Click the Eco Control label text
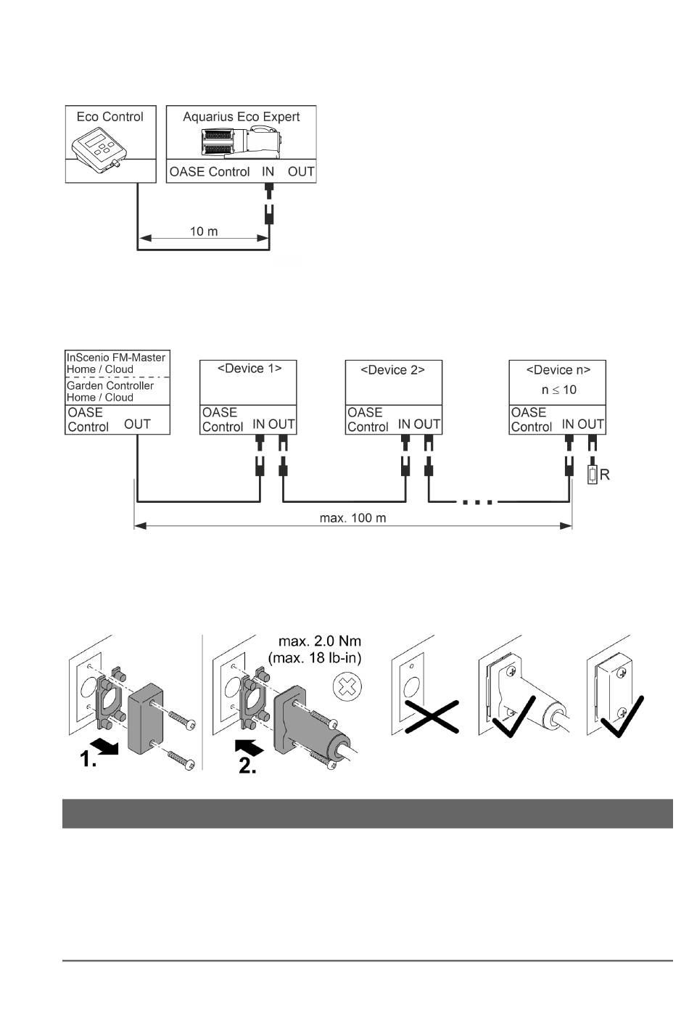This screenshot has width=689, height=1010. [x=110, y=117]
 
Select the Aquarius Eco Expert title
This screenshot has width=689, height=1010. [x=242, y=117]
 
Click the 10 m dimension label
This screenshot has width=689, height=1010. [x=204, y=231]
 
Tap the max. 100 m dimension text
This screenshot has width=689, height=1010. [x=352, y=518]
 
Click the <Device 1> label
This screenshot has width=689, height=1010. [x=249, y=369]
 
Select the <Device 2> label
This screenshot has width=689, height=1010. [x=392, y=370]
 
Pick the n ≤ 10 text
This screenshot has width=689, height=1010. [x=558, y=390]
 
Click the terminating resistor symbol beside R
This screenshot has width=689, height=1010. [x=593, y=476]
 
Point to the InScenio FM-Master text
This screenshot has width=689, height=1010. [x=116, y=358]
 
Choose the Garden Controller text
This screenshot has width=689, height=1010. [x=110, y=386]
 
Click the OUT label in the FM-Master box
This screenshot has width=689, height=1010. [x=138, y=424]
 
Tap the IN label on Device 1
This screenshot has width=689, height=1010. [x=259, y=425]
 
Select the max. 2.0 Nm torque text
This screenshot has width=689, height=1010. [x=320, y=641]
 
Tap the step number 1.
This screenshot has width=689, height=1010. [x=88, y=760]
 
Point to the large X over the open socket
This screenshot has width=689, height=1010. [x=424, y=717]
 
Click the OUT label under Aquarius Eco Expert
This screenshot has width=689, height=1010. [x=301, y=172]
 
